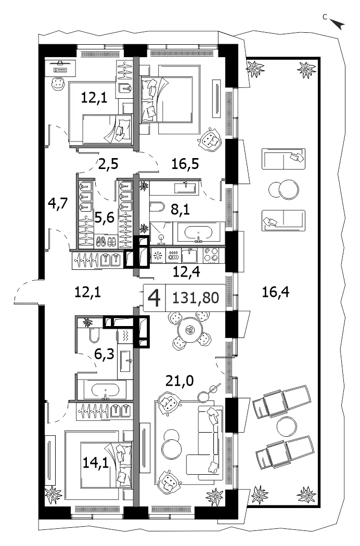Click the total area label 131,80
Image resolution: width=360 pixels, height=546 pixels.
coord(196,298)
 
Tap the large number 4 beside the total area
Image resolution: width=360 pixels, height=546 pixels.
coord(155,298)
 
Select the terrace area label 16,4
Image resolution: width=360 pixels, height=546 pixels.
coord(275,291)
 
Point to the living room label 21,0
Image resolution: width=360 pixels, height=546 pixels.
coord(179,381)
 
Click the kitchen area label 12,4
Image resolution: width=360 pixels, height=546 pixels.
coord(186,271)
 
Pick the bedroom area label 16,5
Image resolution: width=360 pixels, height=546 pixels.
coord(185,163)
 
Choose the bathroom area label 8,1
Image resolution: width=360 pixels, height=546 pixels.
coord(180,209)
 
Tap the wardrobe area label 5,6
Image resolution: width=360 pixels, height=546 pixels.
coord(105,218)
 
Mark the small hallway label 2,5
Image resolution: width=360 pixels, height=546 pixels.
coord(108,163)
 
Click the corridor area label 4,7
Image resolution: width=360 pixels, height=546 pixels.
coord(58,203)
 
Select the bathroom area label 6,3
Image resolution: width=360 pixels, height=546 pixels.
coord(104,354)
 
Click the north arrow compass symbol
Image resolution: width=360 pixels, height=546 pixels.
coord(337,23)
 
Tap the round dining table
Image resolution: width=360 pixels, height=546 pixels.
coord(189,329)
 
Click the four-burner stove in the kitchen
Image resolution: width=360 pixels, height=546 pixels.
coord(211,255)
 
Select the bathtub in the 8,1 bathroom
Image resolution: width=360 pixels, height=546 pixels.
coord(198,232)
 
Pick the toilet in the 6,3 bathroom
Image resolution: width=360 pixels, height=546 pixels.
coord(94,335)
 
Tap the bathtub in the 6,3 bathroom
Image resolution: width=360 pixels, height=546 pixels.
coord(105,390)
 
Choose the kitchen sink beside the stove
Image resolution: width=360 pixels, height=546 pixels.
coord(189,256)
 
